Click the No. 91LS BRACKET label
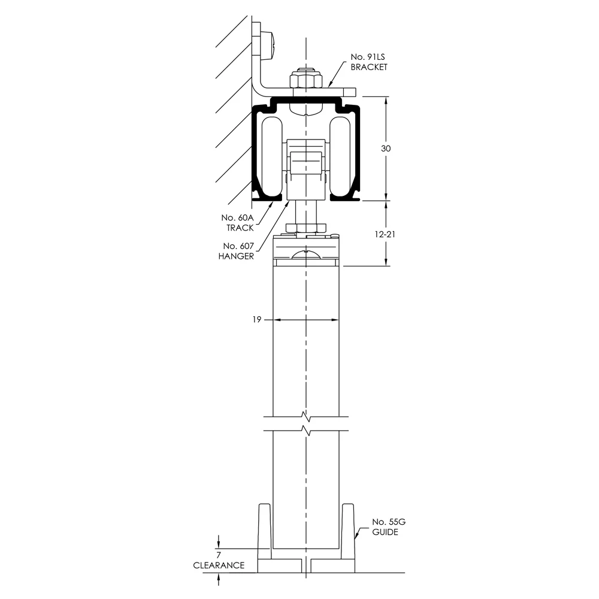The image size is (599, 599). tap(369, 62)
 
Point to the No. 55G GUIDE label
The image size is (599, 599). tap(385, 527)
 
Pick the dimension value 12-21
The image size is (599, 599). tap(385, 234)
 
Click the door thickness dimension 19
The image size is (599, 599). tap(256, 320)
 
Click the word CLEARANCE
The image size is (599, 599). tap(219, 565)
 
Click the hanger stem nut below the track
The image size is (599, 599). tap(305, 227)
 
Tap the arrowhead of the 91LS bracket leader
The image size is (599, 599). tap(329, 87)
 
